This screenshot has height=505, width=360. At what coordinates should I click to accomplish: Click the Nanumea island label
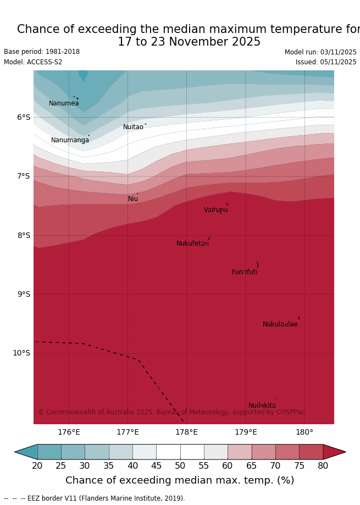[x=64, y=103]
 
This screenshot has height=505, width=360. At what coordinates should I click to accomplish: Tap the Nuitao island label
[x=133, y=127]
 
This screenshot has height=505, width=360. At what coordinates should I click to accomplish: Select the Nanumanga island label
[x=70, y=140]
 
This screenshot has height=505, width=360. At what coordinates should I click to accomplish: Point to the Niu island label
[x=133, y=199]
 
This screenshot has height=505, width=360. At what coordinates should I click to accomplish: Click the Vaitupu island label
[x=215, y=210]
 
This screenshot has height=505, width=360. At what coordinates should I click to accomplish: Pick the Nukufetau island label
[x=192, y=243]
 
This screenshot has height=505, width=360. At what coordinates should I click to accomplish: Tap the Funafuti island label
[x=245, y=272]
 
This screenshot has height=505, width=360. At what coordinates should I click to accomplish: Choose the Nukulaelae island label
[x=280, y=324]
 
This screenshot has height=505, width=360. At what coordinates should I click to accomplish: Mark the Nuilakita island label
[x=262, y=406]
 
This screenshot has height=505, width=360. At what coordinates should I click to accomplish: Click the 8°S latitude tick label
[x=24, y=235]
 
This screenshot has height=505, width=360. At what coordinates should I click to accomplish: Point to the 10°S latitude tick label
[x=21, y=353]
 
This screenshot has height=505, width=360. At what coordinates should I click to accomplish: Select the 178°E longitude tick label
[x=186, y=432]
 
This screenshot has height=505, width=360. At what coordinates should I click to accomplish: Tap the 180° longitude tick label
[x=304, y=432]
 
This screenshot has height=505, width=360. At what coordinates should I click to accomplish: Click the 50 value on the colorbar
[x=180, y=466]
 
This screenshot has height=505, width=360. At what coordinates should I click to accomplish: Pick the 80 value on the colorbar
[x=323, y=466]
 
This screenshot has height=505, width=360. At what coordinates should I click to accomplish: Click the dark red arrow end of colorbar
[x=334, y=452]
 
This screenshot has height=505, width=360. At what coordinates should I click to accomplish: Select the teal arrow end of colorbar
[x=26, y=452]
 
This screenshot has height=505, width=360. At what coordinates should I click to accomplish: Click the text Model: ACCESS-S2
[x=33, y=62]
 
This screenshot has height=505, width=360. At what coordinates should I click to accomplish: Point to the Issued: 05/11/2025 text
[x=326, y=62]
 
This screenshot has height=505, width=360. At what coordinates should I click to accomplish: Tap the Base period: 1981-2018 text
[x=42, y=52]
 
